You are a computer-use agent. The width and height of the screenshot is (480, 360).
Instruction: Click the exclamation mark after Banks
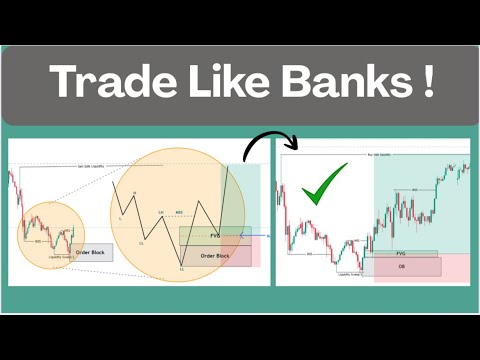click(x=426, y=83)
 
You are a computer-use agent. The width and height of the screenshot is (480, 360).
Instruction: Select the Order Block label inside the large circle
click(x=215, y=256)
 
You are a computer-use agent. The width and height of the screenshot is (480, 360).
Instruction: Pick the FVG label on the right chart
click(x=400, y=254)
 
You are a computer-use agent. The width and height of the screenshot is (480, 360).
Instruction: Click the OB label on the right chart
click(x=400, y=266)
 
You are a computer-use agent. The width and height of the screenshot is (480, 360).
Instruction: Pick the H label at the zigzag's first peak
click(x=134, y=193)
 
